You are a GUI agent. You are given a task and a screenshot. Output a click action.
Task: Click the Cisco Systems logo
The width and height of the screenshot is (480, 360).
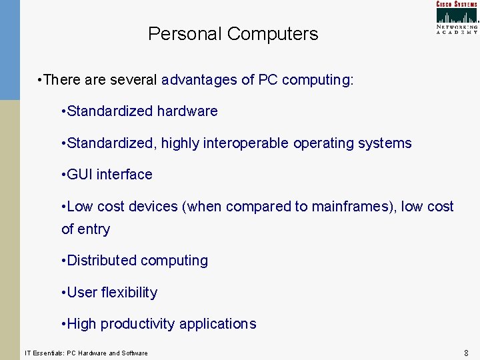457,17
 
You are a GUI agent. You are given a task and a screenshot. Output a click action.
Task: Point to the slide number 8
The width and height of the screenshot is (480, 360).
466,352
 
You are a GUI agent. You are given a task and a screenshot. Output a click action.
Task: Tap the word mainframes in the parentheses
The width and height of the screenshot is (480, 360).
343,207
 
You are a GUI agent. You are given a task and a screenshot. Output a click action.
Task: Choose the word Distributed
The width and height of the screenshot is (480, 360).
101,261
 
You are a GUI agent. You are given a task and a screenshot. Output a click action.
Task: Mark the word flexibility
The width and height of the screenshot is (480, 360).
129,293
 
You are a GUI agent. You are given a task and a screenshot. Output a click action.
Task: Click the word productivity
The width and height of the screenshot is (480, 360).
133,324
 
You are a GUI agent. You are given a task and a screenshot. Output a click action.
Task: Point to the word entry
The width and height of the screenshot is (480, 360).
94,229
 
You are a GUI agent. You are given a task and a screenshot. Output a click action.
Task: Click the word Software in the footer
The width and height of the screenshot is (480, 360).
135,353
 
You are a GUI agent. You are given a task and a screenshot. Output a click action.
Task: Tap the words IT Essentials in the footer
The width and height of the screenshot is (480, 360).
43,353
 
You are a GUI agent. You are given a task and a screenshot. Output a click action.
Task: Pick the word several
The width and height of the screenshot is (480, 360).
133,81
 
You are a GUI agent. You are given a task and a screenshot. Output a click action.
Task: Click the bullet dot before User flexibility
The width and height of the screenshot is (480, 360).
63,293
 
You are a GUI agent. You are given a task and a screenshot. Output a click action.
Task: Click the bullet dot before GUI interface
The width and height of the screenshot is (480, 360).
63,175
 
